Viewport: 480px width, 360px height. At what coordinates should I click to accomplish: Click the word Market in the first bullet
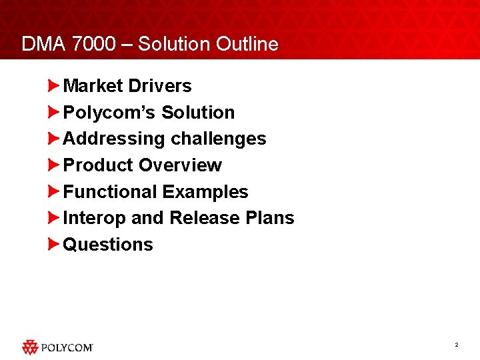point(93,86)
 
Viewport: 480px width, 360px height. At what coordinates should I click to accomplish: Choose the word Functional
point(109,192)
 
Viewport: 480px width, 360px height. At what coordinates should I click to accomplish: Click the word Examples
point(205,192)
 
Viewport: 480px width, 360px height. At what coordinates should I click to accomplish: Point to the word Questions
point(108,245)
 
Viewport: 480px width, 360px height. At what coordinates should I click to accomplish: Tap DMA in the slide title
point(43,45)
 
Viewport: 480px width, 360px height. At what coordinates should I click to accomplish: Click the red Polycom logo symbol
point(31,347)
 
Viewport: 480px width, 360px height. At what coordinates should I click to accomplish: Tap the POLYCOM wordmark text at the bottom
point(67,347)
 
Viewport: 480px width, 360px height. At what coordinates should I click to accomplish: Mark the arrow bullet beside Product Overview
point(54,165)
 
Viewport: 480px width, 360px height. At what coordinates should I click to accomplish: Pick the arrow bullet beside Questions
point(54,245)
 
